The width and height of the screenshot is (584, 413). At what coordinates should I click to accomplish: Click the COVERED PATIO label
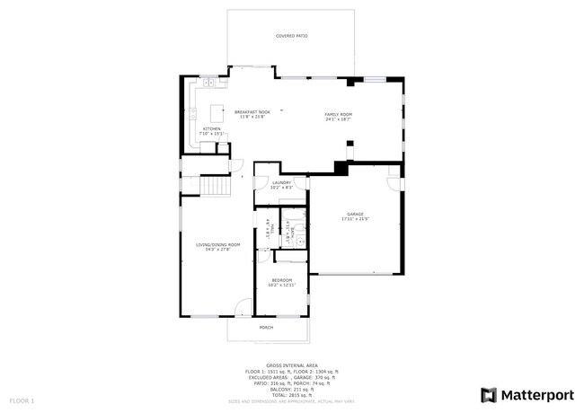(291, 36)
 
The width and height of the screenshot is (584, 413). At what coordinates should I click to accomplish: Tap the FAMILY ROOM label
(338, 114)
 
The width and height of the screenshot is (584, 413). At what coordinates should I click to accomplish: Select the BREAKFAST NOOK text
(252, 112)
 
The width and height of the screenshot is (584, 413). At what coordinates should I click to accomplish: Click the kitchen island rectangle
(217, 113)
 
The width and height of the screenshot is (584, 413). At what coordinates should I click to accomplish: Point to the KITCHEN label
(211, 129)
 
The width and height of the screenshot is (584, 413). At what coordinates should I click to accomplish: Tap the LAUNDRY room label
(282, 182)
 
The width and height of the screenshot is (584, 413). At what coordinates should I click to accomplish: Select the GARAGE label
(356, 214)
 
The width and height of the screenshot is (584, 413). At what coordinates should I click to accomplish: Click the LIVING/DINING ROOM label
(218, 245)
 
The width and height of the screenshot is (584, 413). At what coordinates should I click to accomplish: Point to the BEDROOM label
(282, 280)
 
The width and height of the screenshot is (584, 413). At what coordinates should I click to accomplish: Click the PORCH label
(266, 328)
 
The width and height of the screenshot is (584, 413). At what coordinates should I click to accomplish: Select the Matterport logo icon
(489, 394)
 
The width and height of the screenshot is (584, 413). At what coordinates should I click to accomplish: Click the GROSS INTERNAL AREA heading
(291, 365)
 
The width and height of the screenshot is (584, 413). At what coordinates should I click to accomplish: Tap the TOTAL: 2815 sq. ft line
(291, 395)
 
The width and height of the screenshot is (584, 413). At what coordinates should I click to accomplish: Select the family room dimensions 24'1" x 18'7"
(338, 119)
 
